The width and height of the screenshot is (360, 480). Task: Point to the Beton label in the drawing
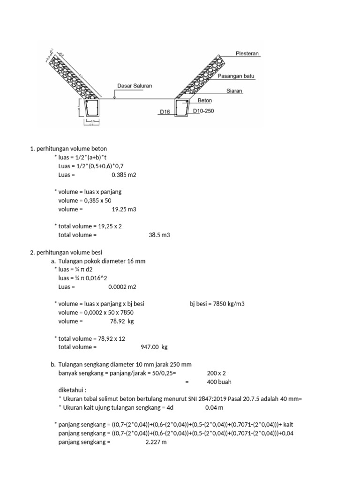tap(205, 100)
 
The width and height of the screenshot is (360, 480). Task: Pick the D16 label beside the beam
tap(165, 112)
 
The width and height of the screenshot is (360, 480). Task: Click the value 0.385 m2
tap(124, 175)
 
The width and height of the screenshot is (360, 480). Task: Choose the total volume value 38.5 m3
tap(159, 235)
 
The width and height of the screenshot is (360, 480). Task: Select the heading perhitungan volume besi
tap(66, 252)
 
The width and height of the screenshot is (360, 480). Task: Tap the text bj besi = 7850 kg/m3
tap(217, 304)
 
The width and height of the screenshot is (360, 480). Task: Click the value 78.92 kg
tap(122, 321)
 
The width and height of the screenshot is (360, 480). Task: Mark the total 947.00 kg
tap(154, 347)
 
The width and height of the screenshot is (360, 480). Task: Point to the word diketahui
tap(72, 390)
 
